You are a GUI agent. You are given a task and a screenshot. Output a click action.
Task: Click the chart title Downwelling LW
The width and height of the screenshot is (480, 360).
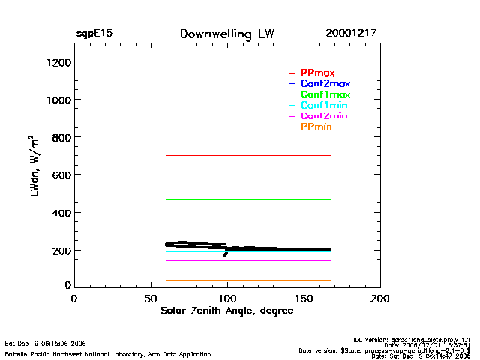226,34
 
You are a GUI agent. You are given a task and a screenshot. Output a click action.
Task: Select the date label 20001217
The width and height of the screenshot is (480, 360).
351,34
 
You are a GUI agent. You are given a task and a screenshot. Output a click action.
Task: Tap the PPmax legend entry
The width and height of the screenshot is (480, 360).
317,72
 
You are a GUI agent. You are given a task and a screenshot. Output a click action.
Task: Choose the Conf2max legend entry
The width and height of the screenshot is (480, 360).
325,83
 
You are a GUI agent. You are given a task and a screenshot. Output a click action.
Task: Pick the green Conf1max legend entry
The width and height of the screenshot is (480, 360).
325,94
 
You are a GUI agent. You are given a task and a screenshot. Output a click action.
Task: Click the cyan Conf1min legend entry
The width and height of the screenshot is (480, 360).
324,106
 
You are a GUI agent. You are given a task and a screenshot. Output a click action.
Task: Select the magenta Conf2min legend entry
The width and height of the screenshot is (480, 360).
324,116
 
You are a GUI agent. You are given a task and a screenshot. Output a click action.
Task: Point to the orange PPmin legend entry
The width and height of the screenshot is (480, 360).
316,127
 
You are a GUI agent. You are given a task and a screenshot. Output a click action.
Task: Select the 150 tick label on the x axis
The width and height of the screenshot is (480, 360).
303,299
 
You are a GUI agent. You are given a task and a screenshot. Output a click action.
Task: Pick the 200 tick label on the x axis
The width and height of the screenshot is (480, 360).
379,299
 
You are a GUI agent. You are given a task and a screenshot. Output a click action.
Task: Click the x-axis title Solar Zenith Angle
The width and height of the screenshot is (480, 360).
226,310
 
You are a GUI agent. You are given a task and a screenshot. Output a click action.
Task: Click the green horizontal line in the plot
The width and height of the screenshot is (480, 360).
247,199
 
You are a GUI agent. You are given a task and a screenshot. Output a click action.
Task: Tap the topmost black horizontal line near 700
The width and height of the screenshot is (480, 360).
247,155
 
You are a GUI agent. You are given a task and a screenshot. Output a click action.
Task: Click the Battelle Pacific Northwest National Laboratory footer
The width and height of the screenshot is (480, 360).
107,353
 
